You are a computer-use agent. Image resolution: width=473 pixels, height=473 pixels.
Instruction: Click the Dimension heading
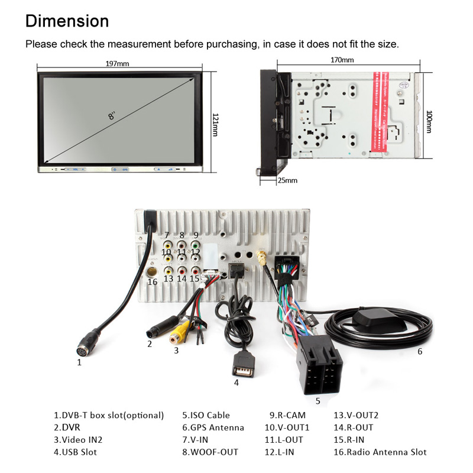(x=67, y=21)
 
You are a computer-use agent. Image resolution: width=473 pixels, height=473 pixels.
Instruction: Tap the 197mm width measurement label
(x=117, y=64)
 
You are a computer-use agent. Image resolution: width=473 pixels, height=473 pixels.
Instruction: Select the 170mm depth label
(x=342, y=60)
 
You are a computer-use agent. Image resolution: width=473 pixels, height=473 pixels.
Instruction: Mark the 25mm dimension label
(x=288, y=180)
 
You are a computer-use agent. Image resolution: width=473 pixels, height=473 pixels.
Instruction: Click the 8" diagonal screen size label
(x=112, y=115)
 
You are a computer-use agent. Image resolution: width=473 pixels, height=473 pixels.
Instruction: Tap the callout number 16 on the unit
(x=153, y=281)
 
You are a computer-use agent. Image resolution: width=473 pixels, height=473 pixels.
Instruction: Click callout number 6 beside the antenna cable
(x=420, y=351)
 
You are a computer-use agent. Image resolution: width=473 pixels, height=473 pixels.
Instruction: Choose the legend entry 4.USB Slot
(x=75, y=452)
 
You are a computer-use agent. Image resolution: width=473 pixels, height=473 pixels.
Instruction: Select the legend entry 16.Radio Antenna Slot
(x=380, y=452)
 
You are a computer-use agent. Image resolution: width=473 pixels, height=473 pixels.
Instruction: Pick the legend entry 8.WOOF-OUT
(x=210, y=452)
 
